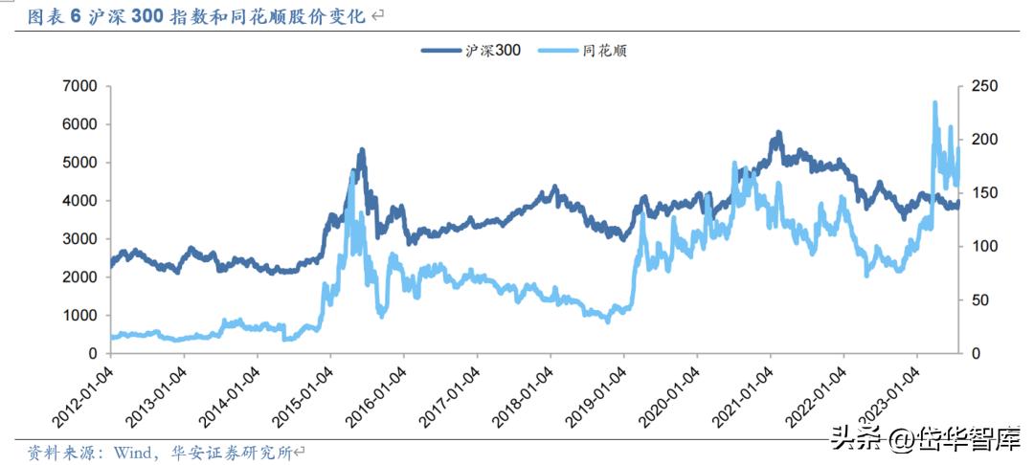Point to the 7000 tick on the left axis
(79, 86)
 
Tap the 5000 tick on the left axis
(79, 163)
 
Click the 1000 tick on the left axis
(79, 316)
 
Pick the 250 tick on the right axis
(984, 86)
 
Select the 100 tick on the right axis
(984, 247)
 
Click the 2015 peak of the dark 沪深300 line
(362, 150)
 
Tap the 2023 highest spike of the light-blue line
(934, 102)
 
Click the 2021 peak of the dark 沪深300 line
(778, 133)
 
